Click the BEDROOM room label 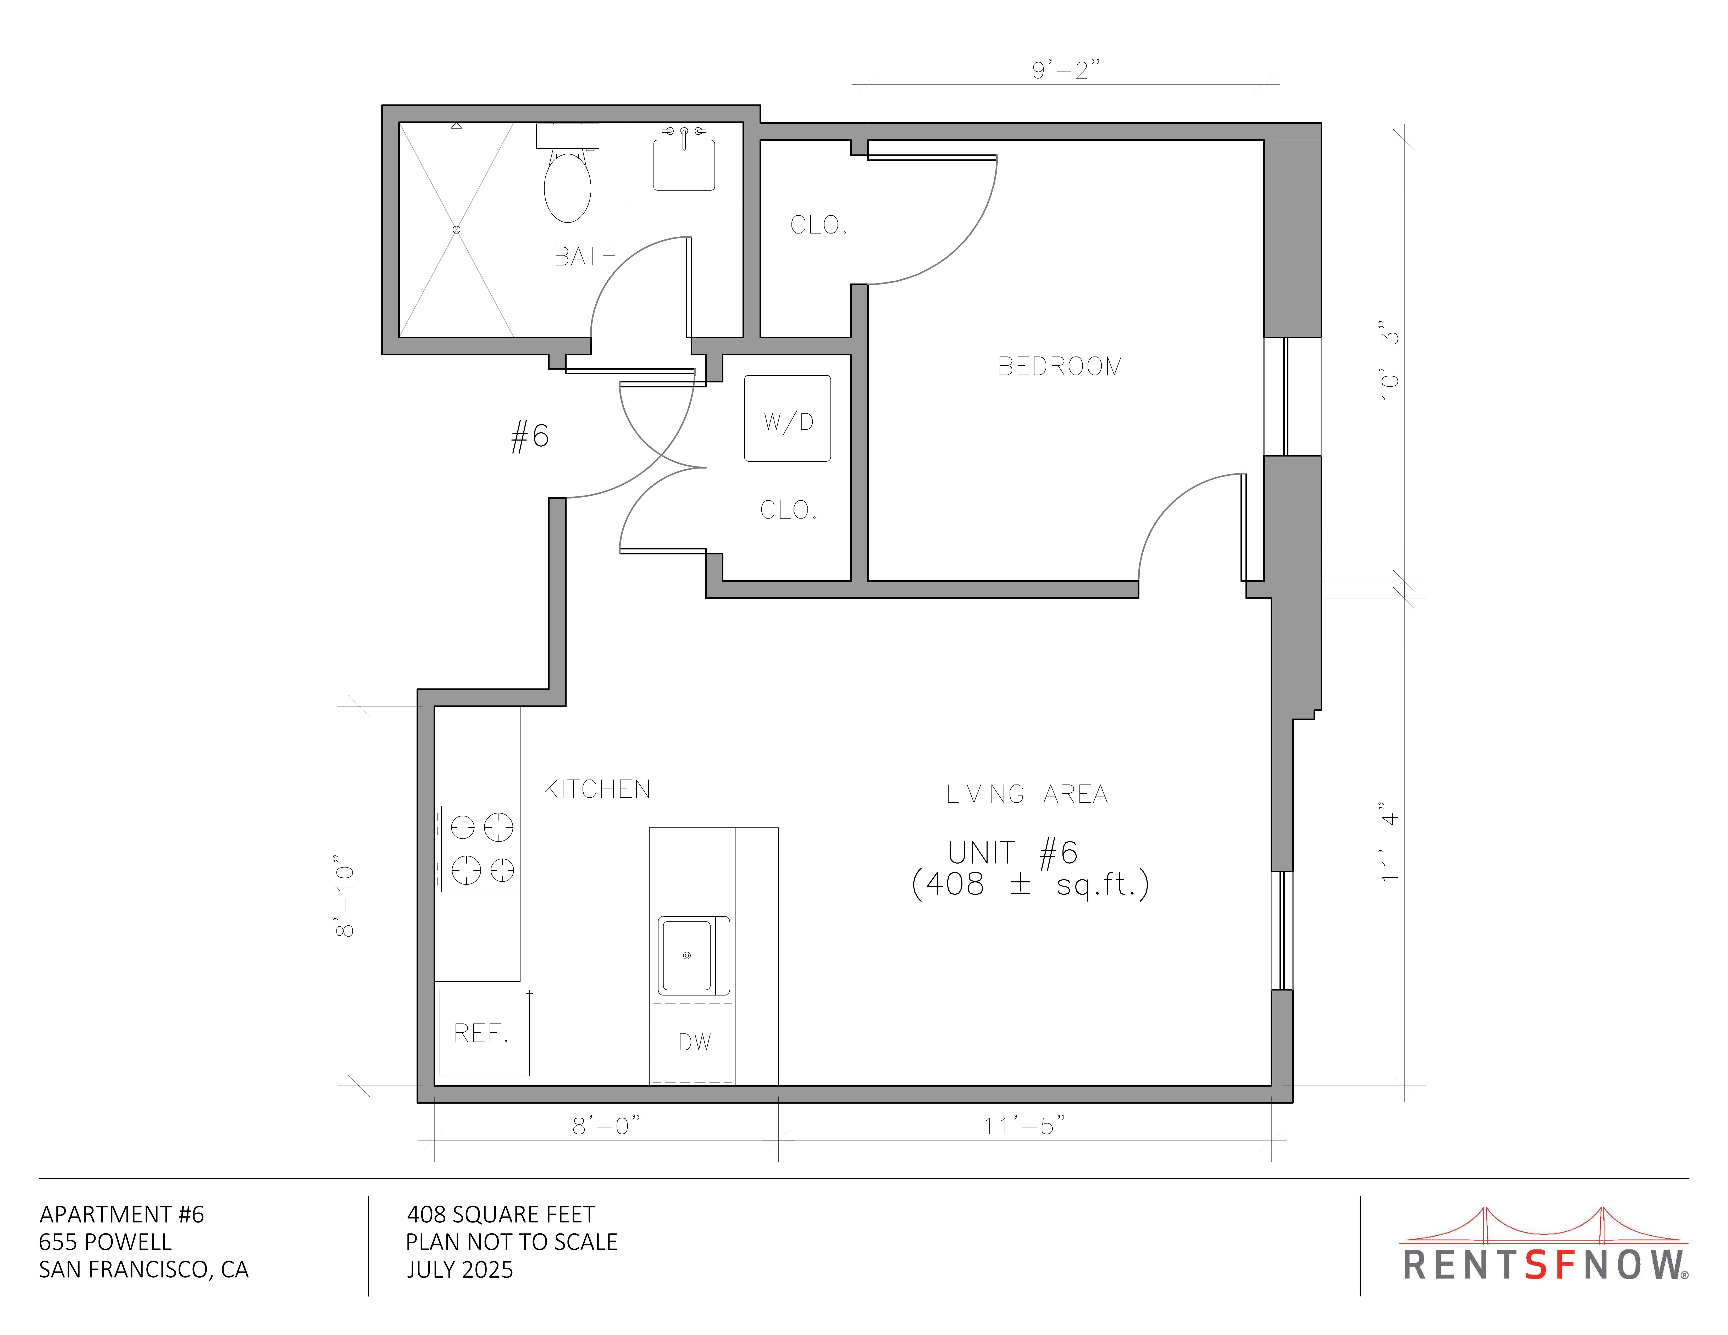(x=1060, y=366)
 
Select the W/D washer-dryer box (x=787, y=418)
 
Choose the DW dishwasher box (x=693, y=1042)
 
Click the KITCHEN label (x=597, y=789)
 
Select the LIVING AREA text (x=1027, y=794)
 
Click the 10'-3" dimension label (x=1389, y=361)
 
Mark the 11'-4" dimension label (x=1389, y=842)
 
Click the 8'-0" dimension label (x=606, y=1125)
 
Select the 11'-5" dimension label (x=1024, y=1125)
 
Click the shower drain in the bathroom (x=457, y=229)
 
